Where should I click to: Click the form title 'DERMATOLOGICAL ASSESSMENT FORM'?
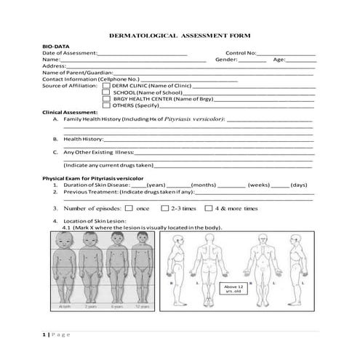[x=179, y=34]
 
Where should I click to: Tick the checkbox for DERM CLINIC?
[x=107, y=85]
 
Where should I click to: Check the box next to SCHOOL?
[x=107, y=92]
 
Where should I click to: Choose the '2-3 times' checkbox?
[x=164, y=208]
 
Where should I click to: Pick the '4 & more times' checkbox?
[x=209, y=208]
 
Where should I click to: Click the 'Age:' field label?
[x=279, y=60]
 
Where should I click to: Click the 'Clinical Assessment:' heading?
[x=70, y=112]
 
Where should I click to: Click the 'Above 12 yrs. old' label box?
[x=231, y=289]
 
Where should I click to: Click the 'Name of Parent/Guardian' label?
[x=75, y=73]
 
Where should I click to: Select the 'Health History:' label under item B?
[x=84, y=138]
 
